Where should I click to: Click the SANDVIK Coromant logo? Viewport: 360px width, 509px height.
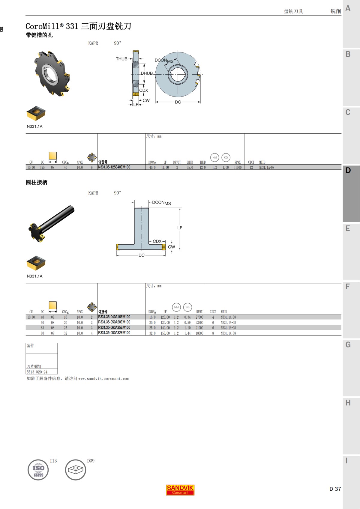(x=180, y=490)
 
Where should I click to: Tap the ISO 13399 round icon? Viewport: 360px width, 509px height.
(x=38, y=470)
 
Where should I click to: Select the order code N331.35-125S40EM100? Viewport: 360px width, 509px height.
(x=114, y=167)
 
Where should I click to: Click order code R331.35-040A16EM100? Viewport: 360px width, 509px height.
(x=114, y=317)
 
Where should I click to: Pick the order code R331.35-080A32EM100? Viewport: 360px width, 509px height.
(x=114, y=333)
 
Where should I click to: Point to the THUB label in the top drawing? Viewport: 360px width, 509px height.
(x=121, y=59)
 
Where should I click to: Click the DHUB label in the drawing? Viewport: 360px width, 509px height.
(x=147, y=73)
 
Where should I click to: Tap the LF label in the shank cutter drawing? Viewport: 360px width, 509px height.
(x=180, y=228)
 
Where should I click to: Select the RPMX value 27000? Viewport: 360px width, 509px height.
(x=199, y=317)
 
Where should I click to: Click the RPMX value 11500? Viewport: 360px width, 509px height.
(x=238, y=168)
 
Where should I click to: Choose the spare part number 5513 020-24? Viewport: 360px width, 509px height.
(x=37, y=372)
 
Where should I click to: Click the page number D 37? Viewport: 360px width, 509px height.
(x=335, y=489)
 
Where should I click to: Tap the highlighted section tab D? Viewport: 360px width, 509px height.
(x=348, y=171)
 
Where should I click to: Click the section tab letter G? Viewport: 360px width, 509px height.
(x=348, y=345)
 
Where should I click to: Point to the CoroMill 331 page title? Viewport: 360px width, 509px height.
(x=78, y=26)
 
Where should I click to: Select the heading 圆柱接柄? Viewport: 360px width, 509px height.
(x=37, y=182)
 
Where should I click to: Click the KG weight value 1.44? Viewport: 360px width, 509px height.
(x=187, y=333)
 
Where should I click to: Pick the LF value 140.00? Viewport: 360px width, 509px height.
(x=165, y=328)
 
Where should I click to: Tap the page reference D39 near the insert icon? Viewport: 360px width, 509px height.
(x=91, y=461)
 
